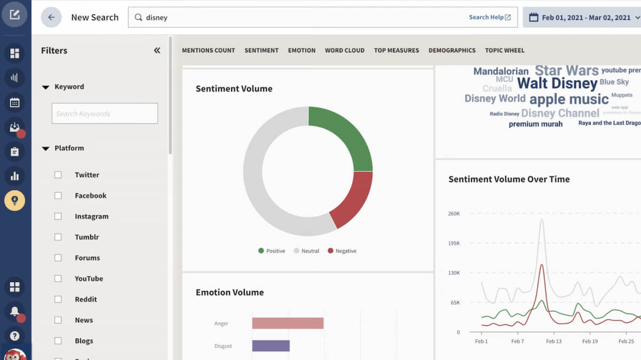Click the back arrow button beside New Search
[x=51, y=17]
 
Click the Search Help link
[x=489, y=17]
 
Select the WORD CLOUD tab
[x=345, y=50]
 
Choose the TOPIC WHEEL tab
[x=504, y=50]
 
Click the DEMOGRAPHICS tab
[x=451, y=50]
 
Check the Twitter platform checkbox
[x=58, y=175]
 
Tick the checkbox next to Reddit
[x=58, y=299]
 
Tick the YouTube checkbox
[x=58, y=278]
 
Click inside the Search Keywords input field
[x=105, y=113]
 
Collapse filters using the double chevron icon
[x=157, y=50]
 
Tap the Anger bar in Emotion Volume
[x=287, y=323]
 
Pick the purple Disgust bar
[x=271, y=346]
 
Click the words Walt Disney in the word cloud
[x=557, y=83]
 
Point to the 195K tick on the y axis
[x=454, y=243]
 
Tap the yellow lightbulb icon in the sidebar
[x=14, y=200]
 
